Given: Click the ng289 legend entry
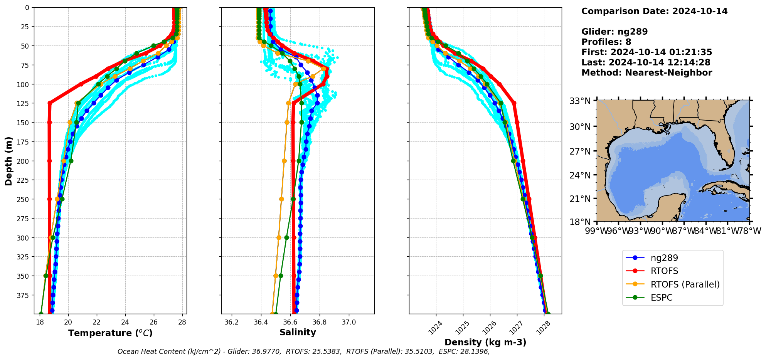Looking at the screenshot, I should [664, 258].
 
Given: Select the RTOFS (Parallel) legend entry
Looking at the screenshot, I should [685, 284].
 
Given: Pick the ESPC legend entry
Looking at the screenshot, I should [661, 298].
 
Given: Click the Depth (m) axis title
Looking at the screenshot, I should [8, 161].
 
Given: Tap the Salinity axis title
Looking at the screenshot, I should [298, 332].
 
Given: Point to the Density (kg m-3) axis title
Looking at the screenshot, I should [485, 342].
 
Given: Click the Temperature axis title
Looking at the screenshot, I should [110, 333].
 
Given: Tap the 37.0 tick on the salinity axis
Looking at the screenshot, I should [348, 322].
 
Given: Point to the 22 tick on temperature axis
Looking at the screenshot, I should [96, 322].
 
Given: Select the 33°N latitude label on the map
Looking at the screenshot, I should [580, 101].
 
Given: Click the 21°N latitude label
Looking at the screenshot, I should [580, 199].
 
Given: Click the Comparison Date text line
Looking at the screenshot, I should [654, 11].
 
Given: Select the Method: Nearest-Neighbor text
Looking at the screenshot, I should [646, 73].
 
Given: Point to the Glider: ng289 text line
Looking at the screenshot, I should [614, 32].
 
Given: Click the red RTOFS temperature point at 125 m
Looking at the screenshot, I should [50, 103].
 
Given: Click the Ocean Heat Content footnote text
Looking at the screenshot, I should [303, 352].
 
